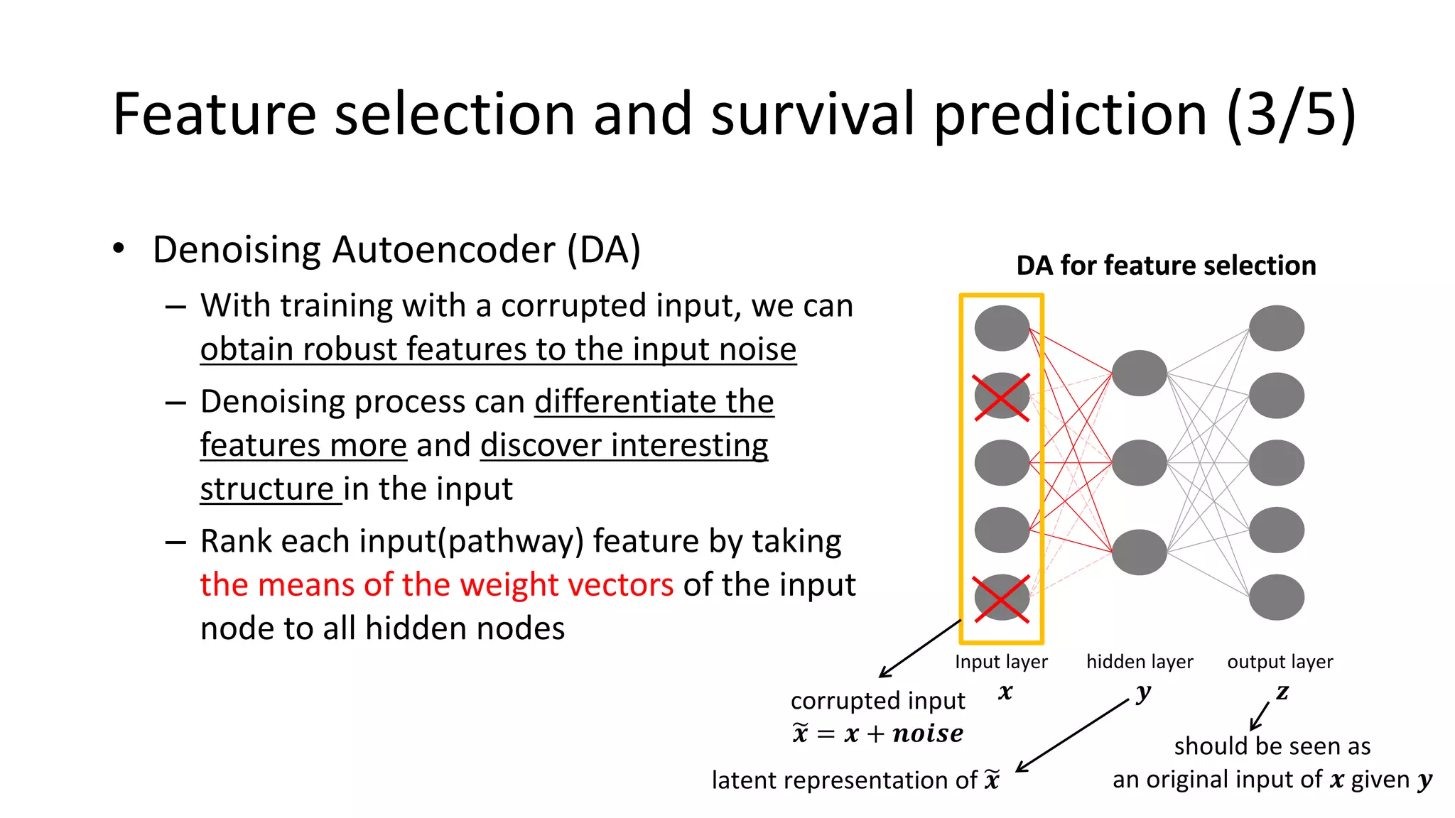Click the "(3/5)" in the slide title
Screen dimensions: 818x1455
(1291, 115)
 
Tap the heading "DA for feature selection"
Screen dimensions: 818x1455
(1166, 266)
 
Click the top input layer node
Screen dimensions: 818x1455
(1002, 328)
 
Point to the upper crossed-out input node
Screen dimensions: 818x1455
(1002, 396)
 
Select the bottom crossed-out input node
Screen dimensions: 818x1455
(1002, 598)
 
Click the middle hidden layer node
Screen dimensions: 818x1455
(1139, 463)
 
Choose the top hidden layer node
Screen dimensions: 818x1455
(1139, 373)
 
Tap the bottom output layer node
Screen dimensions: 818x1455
(1276, 598)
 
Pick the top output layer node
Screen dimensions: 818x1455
(1276, 328)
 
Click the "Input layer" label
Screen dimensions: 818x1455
(1001, 662)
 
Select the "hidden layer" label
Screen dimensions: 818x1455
(1140, 662)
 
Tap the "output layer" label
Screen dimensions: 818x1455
(1280, 662)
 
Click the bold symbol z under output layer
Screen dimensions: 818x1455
(1282, 692)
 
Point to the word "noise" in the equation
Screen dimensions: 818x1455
(928, 734)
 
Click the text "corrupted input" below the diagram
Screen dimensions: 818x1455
(877, 701)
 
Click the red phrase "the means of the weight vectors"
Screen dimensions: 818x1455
(436, 585)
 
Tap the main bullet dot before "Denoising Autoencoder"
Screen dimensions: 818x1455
(119, 249)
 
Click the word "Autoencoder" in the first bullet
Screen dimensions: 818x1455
(443, 250)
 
